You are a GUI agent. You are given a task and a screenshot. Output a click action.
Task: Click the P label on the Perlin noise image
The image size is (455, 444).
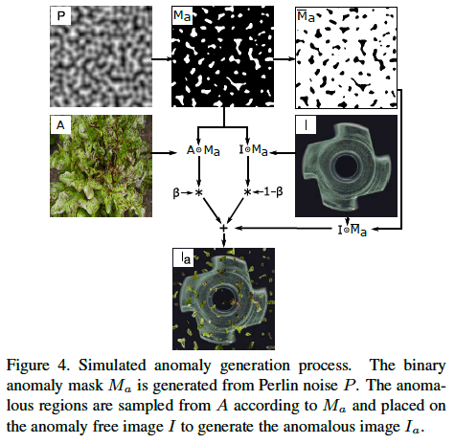pos(60,15)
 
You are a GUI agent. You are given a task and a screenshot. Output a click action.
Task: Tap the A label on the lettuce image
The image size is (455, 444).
pos(60,124)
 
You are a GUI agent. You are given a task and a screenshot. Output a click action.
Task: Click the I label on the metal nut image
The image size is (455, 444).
pos(306,124)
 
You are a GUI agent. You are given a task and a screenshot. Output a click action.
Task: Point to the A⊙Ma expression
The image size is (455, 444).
pos(203,150)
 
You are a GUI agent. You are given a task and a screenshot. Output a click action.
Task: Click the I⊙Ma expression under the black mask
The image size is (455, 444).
pos(253,150)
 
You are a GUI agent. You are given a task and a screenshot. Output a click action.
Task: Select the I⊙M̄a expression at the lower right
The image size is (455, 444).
pos(353,230)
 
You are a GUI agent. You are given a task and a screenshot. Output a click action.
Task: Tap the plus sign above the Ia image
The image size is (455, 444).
pos(223,228)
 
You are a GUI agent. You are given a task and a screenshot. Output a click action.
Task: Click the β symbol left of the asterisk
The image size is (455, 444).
pos(176,192)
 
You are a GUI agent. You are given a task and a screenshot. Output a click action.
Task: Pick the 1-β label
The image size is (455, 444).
pos(273,192)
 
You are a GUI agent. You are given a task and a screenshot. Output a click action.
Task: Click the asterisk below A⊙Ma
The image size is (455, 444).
pos(198,192)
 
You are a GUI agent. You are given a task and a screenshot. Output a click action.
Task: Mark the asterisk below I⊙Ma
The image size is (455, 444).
pos(247,192)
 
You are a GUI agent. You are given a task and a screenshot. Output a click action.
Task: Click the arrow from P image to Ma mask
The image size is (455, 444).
pos(162,59)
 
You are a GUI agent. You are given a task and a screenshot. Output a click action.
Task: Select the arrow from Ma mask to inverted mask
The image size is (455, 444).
pos(284,59)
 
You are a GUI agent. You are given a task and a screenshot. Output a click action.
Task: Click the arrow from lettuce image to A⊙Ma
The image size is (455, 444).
pos(165,153)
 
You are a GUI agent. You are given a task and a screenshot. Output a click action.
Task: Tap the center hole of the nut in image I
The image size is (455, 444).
pos(347,166)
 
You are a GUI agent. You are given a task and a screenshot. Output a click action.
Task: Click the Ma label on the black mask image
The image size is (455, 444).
pos(182,15)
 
